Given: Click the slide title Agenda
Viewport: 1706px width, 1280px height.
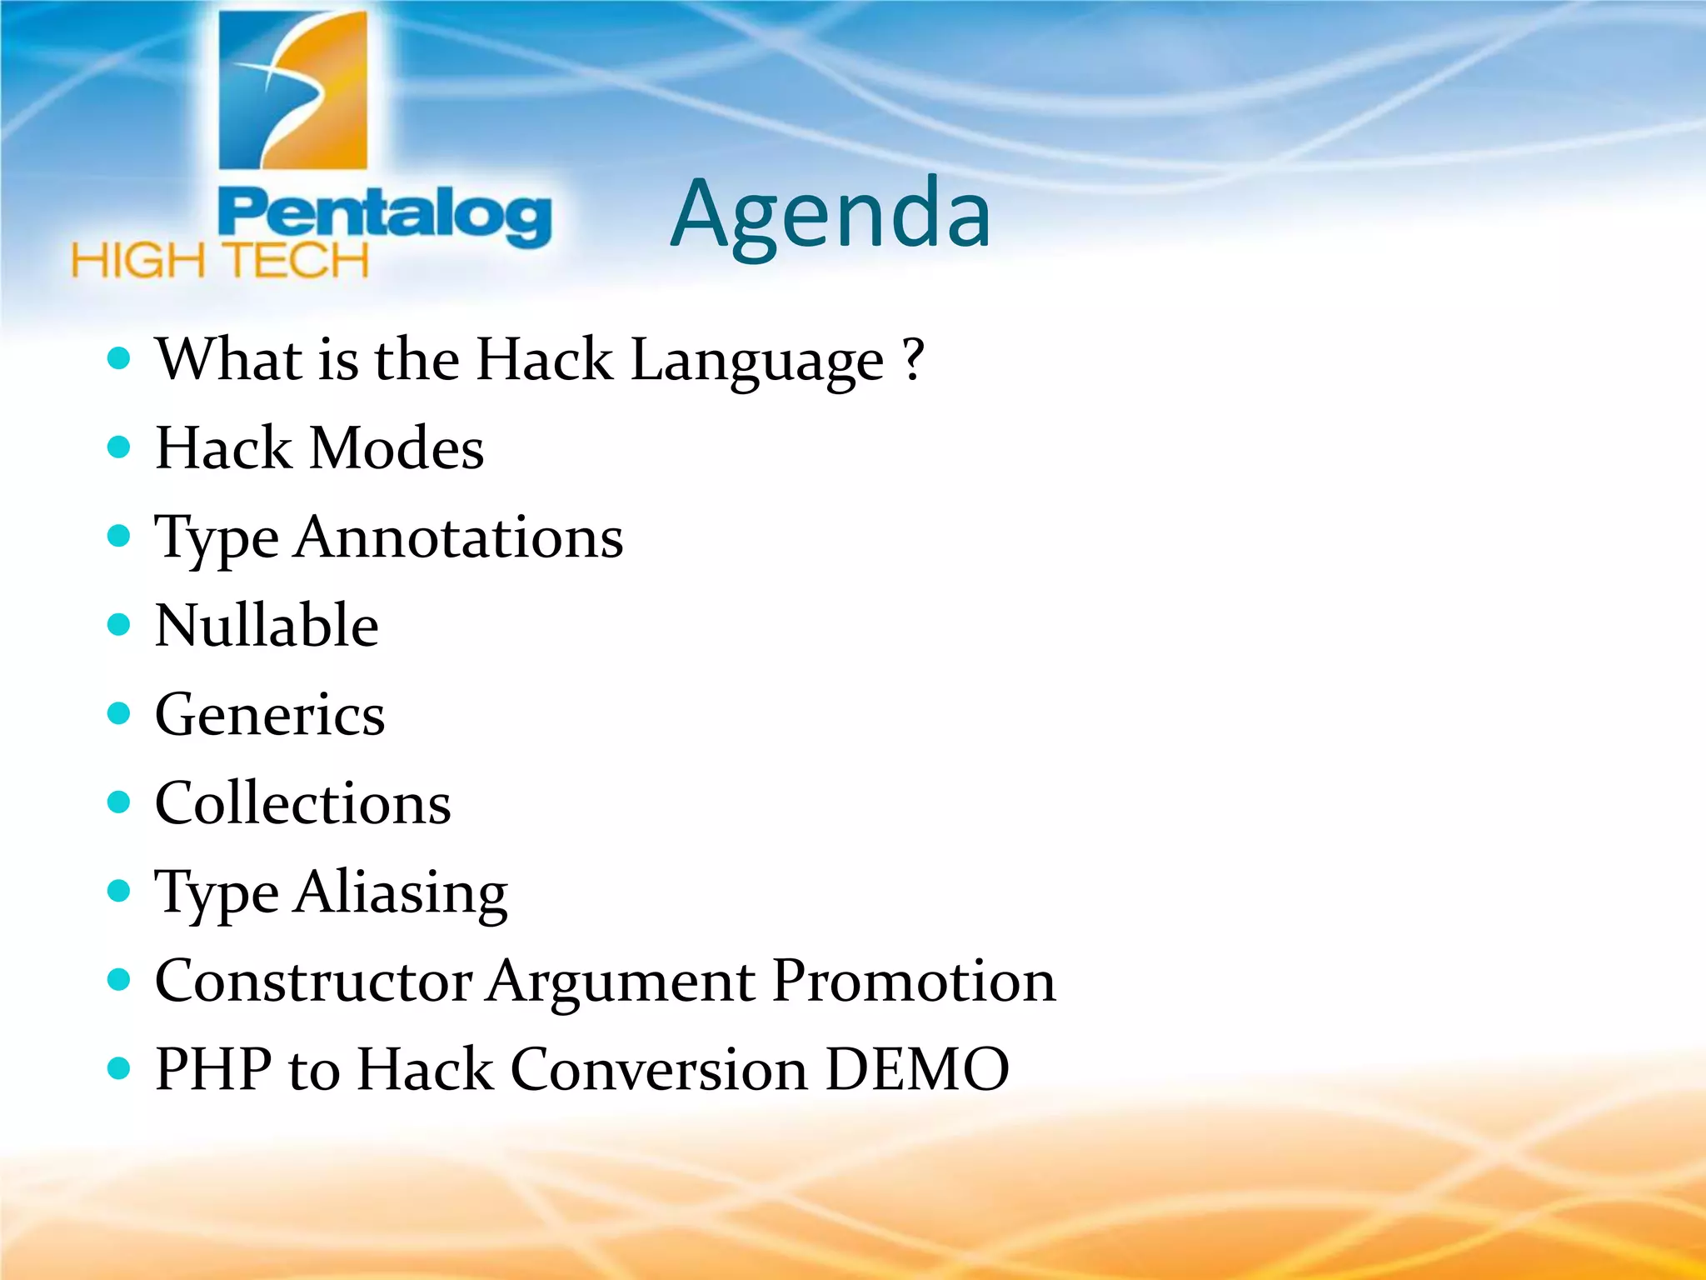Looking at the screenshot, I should pos(831,215).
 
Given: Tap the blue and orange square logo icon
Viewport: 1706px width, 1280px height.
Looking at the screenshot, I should pos(292,90).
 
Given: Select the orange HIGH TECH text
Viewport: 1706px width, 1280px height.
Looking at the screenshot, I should pos(220,261).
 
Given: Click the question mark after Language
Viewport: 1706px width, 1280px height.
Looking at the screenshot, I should pos(914,360).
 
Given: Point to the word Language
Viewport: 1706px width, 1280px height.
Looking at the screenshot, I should pos(756,362).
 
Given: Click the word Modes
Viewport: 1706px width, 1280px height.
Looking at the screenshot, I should pos(397,448).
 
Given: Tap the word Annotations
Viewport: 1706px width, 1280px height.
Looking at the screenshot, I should pos(459,537).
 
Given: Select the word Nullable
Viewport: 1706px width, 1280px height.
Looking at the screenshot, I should pos(267,625).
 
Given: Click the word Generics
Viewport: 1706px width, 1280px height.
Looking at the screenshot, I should pos(270,715).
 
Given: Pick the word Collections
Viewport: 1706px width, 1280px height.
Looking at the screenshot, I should pos(303,803).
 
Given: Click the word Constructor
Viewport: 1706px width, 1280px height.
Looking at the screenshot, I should pos(313,981).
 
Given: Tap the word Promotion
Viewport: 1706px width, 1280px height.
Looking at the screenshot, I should pos(914,981).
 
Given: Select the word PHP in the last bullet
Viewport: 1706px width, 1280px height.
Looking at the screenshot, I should pos(213,1069).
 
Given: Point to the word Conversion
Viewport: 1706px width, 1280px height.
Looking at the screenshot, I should pos(658,1069).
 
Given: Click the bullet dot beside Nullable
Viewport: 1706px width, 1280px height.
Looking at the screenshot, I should pos(119,624).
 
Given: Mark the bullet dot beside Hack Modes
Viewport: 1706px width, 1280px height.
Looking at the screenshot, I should pos(119,447).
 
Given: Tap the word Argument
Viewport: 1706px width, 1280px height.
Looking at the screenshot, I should pos(621,982).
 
